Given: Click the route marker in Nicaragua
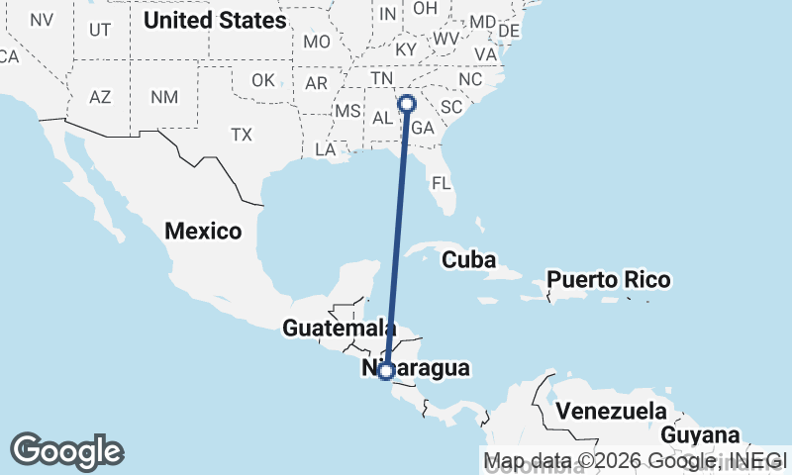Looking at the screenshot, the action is [x=386, y=371].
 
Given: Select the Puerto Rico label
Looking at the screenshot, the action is [x=609, y=279].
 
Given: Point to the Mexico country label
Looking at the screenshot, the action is [x=203, y=232].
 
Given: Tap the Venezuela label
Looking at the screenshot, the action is [x=611, y=410].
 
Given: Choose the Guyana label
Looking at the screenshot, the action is [x=700, y=435].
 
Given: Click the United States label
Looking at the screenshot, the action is [x=215, y=20].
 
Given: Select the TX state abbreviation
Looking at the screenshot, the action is [x=242, y=134].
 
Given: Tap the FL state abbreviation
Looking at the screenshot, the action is [x=441, y=183].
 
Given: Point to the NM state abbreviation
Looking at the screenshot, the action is [x=162, y=97].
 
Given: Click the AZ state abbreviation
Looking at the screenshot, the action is [x=100, y=97].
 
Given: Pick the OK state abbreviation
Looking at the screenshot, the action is [x=262, y=80].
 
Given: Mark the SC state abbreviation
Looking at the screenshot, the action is [x=452, y=107].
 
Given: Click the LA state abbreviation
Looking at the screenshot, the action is [x=326, y=149].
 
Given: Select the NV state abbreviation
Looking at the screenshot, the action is [x=42, y=20].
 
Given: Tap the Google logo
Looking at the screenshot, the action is [x=66, y=450].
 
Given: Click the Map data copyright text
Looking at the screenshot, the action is [x=635, y=460].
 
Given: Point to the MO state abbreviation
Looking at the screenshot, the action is [x=317, y=42].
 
